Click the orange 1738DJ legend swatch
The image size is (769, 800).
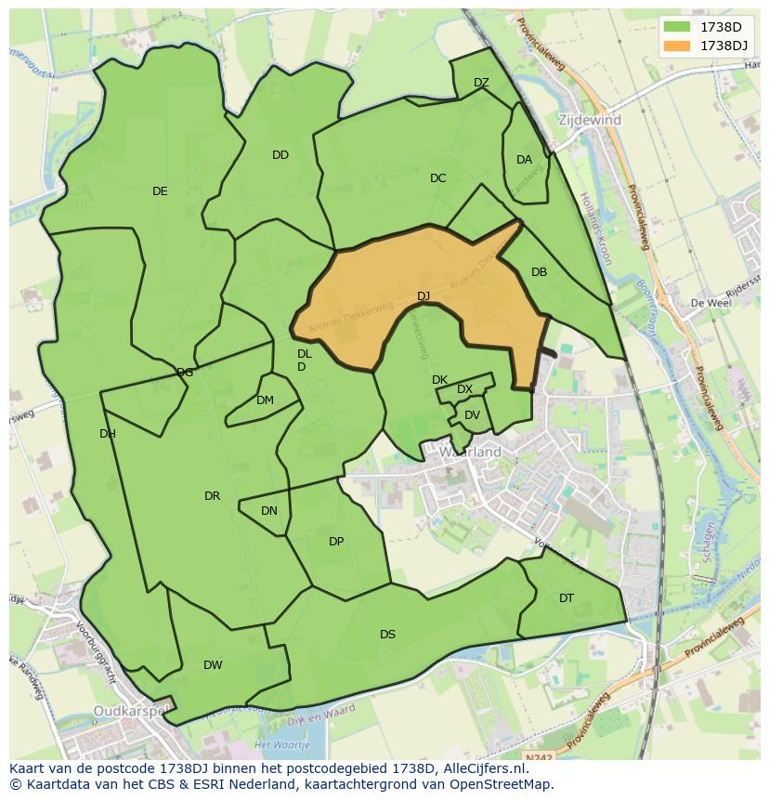(678, 45)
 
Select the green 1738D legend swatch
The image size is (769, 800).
(678, 26)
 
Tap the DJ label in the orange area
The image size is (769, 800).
(424, 296)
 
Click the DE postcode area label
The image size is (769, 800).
(160, 191)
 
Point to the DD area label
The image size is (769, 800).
(280, 155)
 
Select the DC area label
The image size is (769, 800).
(438, 178)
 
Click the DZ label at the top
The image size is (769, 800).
(481, 83)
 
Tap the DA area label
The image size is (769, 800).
(524, 160)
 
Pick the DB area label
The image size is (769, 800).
(539, 272)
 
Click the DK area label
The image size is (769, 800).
(439, 380)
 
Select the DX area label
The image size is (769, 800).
(464, 389)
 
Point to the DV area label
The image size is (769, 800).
(472, 415)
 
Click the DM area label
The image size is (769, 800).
(265, 400)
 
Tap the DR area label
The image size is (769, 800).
(212, 496)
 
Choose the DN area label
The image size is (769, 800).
(268, 511)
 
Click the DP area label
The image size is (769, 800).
(336, 542)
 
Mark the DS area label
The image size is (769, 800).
(387, 635)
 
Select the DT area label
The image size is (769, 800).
(567, 598)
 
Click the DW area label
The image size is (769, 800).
(213, 665)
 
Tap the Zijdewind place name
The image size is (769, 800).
(590, 121)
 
